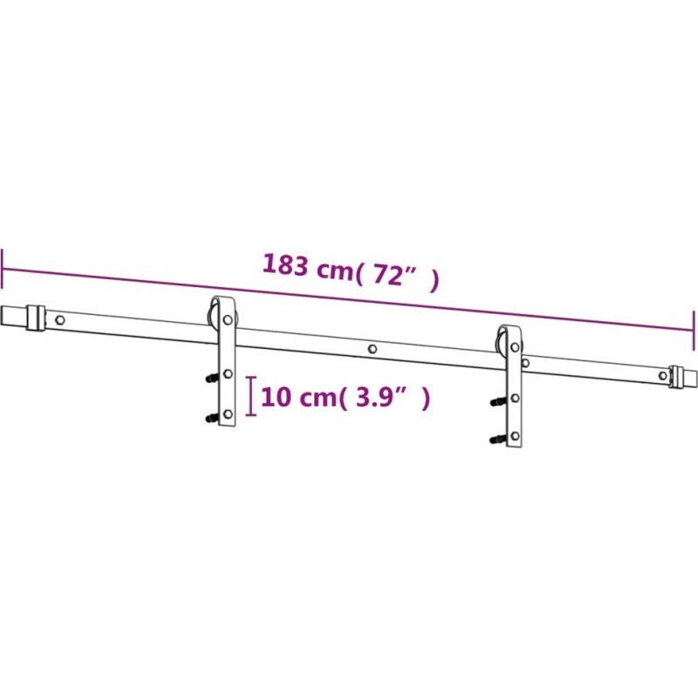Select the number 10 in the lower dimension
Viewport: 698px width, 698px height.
pyautogui.click(x=276, y=397)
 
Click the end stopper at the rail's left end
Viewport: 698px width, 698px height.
pyautogui.click(x=36, y=318)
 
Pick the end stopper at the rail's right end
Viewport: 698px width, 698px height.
pyautogui.click(x=677, y=376)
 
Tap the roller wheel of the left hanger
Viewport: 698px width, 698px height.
pyautogui.click(x=213, y=315)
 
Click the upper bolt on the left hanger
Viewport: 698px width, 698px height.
pyautogui.click(x=212, y=378)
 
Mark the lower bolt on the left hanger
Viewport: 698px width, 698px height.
pyautogui.click(x=212, y=418)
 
